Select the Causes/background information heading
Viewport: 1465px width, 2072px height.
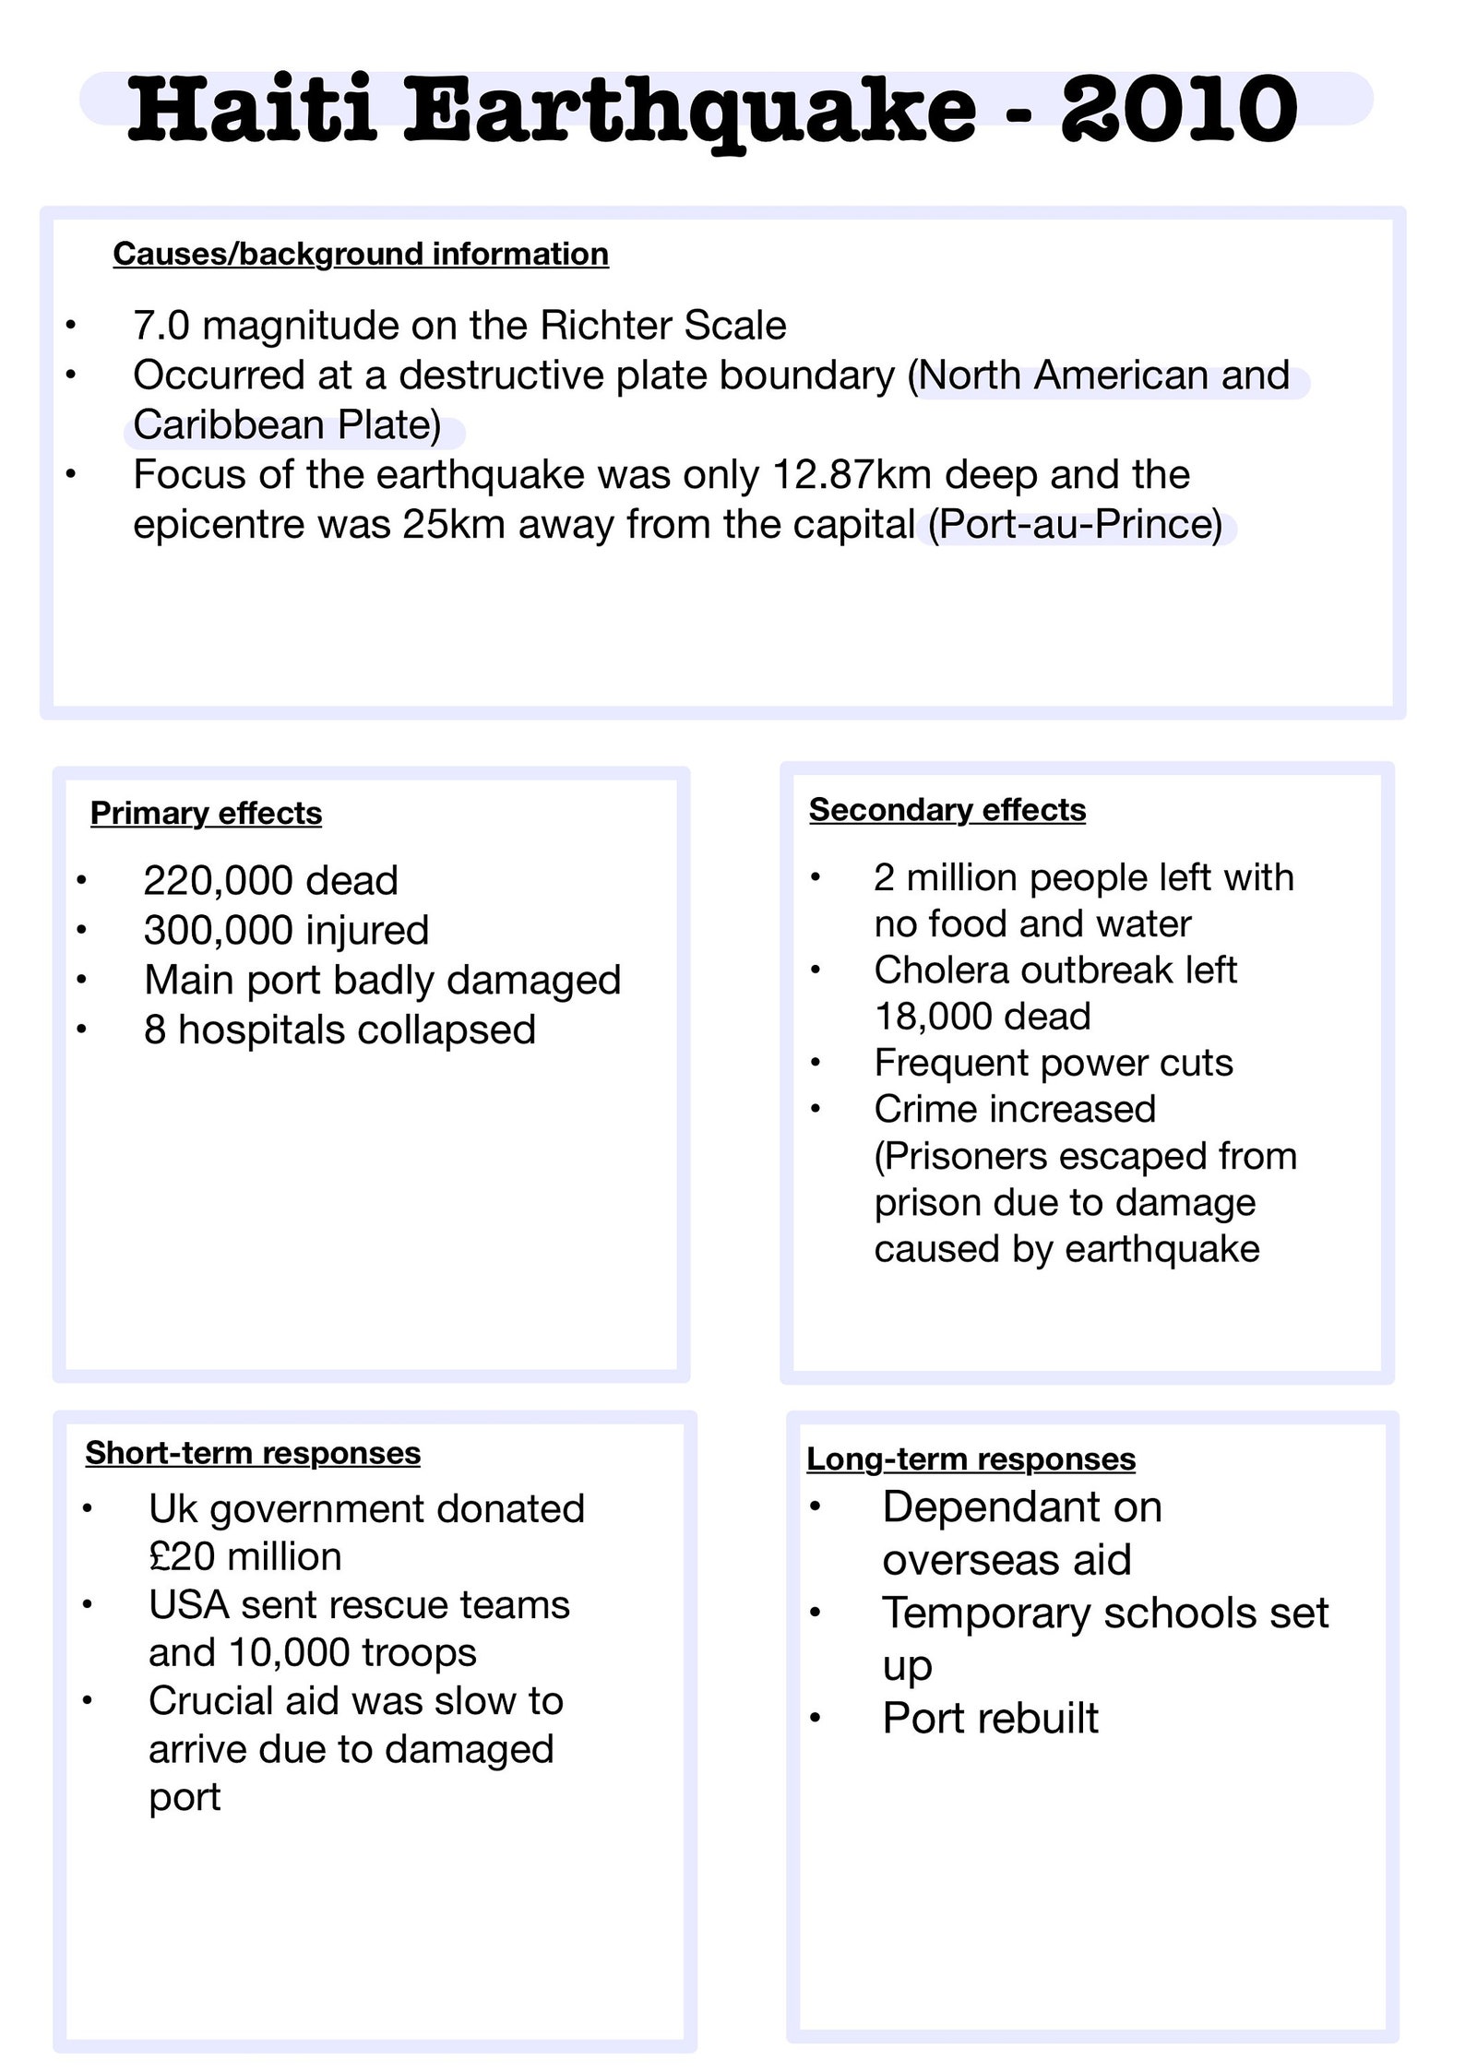[361, 254]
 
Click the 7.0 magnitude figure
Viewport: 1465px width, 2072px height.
[161, 326]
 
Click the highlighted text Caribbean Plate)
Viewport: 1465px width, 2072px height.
[287, 425]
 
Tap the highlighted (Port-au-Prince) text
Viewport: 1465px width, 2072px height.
[1075, 525]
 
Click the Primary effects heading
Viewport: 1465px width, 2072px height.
[206, 814]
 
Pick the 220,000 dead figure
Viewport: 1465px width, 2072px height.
[270, 881]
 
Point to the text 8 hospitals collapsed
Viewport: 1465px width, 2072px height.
[339, 1030]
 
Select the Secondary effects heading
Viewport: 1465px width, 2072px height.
[947, 810]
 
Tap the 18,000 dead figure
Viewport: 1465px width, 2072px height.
[983, 1017]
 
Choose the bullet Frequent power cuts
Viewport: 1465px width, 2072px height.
[1053, 1064]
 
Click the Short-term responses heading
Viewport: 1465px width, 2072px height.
[253, 1453]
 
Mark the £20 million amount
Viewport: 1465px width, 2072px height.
[244, 1557]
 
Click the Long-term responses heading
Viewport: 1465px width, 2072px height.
[971, 1459]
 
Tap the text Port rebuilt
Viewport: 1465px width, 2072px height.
[990, 1719]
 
